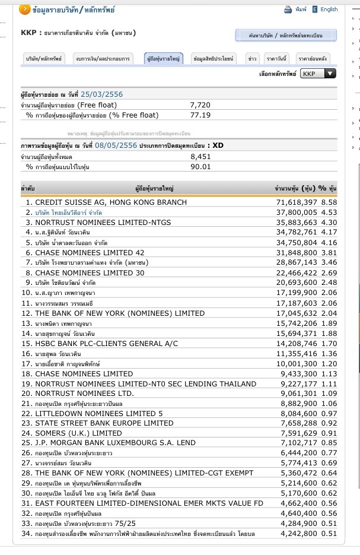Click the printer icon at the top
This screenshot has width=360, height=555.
click(x=288, y=9)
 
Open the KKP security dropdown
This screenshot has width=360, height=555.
click(x=318, y=74)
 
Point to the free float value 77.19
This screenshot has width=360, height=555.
click(x=200, y=115)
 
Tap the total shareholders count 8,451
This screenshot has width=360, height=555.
click(x=200, y=157)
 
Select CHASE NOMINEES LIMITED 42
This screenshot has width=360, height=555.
click(x=90, y=252)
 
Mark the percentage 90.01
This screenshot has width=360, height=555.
click(x=200, y=167)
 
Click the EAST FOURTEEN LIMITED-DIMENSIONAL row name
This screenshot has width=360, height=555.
click(x=149, y=503)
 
